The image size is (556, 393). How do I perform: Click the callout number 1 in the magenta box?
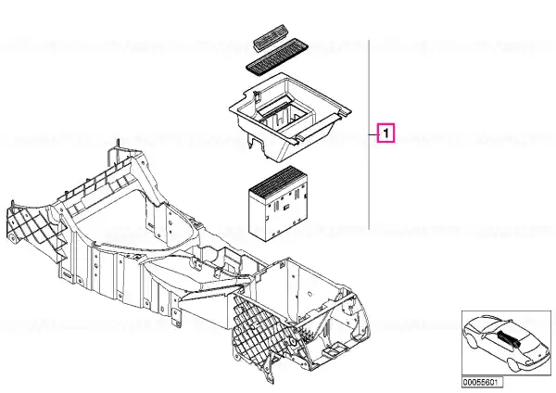[386, 133]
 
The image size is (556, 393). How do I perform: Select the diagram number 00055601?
[482, 382]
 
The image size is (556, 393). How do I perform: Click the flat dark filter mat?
[277, 57]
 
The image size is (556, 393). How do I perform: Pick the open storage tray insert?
[290, 117]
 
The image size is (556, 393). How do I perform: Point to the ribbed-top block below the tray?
[278, 203]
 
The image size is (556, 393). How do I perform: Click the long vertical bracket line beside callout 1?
[369, 134]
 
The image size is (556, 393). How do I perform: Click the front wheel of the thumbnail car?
[514, 365]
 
